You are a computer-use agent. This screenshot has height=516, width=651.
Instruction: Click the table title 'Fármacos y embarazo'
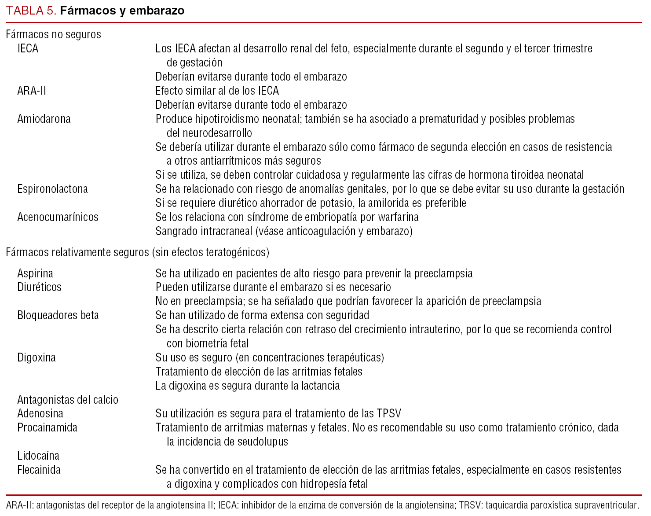122,11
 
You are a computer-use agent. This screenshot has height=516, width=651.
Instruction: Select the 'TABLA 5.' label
31,11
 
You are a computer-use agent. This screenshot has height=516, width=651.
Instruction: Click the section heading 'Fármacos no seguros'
53,34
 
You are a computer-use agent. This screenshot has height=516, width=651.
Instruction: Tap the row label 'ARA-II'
32,91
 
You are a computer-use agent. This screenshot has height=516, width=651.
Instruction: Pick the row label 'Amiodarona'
44,119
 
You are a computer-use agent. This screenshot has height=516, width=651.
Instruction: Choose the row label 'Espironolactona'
52,189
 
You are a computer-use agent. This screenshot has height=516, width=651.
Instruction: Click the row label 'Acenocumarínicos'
58,217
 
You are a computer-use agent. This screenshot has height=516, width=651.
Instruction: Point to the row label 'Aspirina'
35,273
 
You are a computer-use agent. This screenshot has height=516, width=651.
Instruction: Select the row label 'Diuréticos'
40,287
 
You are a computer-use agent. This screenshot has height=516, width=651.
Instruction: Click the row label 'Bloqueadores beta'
58,315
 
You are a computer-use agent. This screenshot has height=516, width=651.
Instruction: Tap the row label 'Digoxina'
37,358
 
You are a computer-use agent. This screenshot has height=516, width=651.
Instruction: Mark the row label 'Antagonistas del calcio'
68,400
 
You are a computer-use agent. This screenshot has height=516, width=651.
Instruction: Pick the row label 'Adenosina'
40,413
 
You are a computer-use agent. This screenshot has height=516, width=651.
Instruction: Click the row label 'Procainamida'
47,428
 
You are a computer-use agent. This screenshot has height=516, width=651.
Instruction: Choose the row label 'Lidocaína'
38,456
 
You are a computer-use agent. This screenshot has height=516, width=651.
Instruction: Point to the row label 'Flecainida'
39,470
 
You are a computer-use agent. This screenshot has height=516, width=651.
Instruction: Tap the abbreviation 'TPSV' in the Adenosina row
389,413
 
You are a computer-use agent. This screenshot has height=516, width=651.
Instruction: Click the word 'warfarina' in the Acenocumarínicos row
398,217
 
